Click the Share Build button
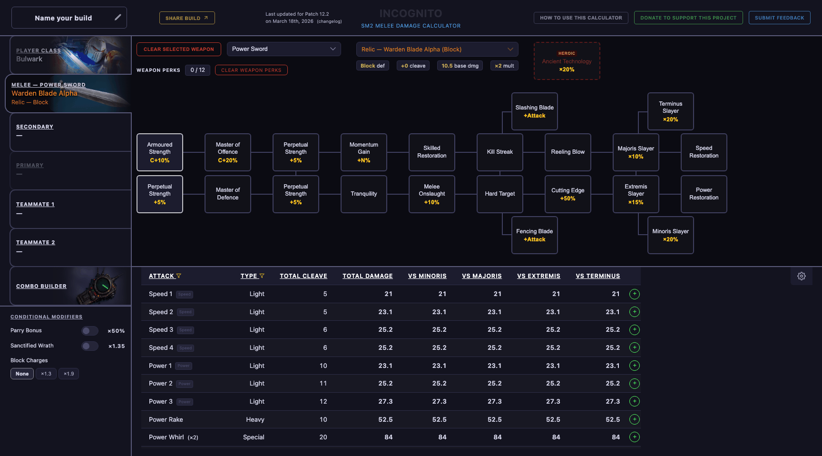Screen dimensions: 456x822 click(x=187, y=18)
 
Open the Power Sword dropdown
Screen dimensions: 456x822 click(x=284, y=49)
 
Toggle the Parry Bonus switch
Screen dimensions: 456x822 click(x=89, y=331)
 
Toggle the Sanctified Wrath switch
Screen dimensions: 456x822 click(x=89, y=346)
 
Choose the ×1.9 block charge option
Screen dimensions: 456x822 click(x=68, y=374)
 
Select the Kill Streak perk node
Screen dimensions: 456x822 click(x=499, y=152)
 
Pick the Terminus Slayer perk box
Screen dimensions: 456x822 click(x=670, y=111)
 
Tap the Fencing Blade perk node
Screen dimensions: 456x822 click(x=534, y=235)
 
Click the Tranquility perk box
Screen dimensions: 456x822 click(x=363, y=194)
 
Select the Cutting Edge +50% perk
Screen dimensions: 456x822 click(x=568, y=194)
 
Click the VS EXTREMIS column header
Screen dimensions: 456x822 click(x=538, y=276)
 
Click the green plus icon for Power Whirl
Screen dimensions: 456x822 click(x=634, y=437)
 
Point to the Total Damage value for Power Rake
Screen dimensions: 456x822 click(x=385, y=419)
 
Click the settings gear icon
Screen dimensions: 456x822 click(x=802, y=276)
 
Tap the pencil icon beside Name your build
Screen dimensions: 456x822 click(x=117, y=18)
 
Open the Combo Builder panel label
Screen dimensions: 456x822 click(x=41, y=286)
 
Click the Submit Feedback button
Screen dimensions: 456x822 click(x=779, y=18)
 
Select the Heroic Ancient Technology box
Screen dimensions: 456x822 click(x=567, y=61)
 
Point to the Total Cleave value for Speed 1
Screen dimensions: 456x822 click(x=325, y=294)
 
